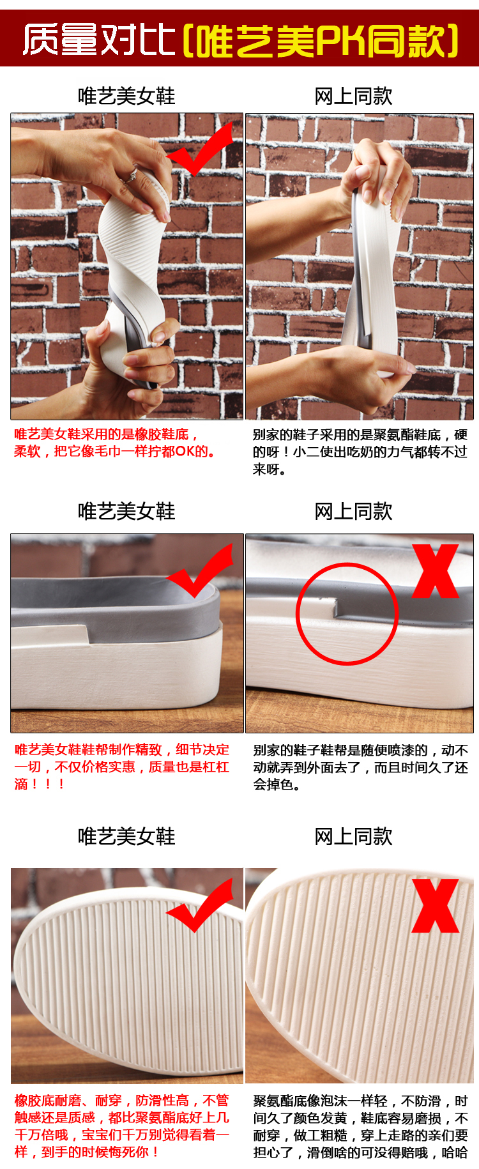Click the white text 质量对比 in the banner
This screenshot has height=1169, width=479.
(99, 40)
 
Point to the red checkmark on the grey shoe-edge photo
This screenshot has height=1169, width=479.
(200, 570)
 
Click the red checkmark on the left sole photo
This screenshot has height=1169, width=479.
(200, 905)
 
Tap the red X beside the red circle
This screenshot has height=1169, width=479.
(436, 571)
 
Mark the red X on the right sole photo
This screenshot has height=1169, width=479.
(436, 906)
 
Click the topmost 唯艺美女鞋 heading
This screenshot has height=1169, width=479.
(126, 96)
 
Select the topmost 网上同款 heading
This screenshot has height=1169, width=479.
(353, 96)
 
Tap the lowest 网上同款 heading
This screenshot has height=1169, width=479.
(353, 836)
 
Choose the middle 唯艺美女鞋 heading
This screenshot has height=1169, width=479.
(126, 511)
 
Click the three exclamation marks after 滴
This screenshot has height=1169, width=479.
(48, 784)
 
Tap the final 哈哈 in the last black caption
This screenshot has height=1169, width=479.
(454, 1152)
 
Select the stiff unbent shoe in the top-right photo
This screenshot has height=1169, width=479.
(374, 268)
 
